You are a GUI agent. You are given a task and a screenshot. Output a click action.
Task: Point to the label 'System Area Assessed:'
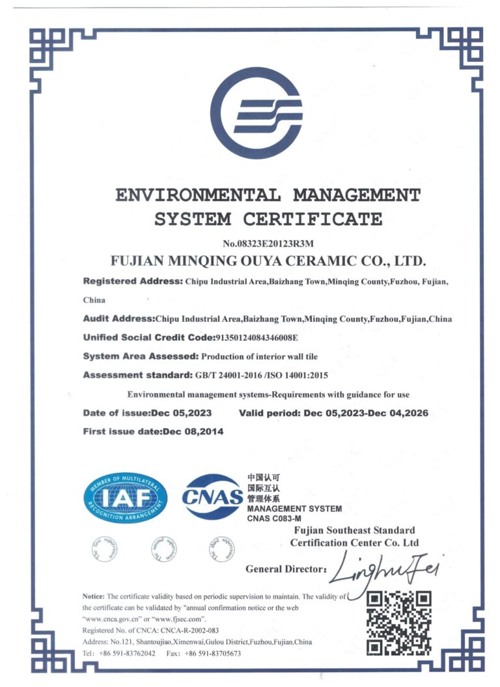141,357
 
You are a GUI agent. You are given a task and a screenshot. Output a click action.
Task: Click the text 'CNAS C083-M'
274,519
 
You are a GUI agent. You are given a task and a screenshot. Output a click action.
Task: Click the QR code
399,622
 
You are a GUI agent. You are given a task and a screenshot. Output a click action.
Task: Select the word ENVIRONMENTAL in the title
199,195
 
